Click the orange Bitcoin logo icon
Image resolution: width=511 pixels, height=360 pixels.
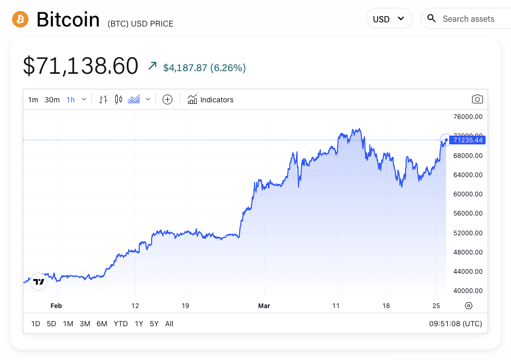pyautogui.click(x=20, y=20)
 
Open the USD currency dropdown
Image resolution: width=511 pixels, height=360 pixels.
pyautogui.click(x=389, y=19)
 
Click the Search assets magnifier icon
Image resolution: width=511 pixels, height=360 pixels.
pyautogui.click(x=431, y=19)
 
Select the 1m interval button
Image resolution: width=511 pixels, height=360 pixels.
pyautogui.click(x=33, y=100)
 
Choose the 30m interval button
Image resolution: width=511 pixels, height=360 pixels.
pyautogui.click(x=52, y=100)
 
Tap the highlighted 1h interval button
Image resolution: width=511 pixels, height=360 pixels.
pyautogui.click(x=71, y=100)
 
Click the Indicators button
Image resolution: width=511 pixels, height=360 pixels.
pyautogui.click(x=211, y=100)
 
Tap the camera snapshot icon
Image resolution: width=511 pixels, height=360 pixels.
pyautogui.click(x=477, y=99)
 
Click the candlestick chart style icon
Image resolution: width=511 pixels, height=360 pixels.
pyautogui.click(x=118, y=99)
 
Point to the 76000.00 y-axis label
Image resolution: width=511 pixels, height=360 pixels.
pyautogui.click(x=468, y=117)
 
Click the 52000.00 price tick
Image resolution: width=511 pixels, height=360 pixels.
pyautogui.click(x=468, y=233)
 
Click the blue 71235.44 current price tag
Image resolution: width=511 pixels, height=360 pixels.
pyautogui.click(x=468, y=140)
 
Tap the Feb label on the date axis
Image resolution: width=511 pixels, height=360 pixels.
pyautogui.click(x=56, y=306)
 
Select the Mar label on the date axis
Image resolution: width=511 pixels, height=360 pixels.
pyautogui.click(x=264, y=306)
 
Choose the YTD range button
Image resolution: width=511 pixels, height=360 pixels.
pyautogui.click(x=120, y=324)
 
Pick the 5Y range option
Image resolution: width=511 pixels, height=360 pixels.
pyautogui.click(x=154, y=324)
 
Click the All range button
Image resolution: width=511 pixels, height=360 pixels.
pyautogui.click(x=169, y=324)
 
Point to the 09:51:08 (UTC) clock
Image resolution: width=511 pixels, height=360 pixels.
pyautogui.click(x=455, y=324)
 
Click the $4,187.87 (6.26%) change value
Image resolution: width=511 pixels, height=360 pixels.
pyautogui.click(x=205, y=68)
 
